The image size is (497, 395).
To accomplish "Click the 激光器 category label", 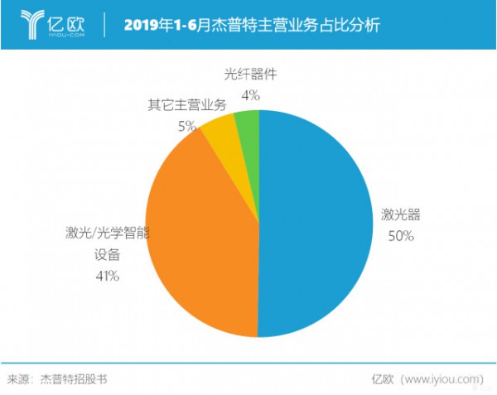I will (401, 214).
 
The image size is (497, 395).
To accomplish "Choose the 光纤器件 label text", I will (250, 75).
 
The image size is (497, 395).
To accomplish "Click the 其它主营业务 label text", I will (186, 105).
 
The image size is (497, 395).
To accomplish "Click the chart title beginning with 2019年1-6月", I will (252, 25).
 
